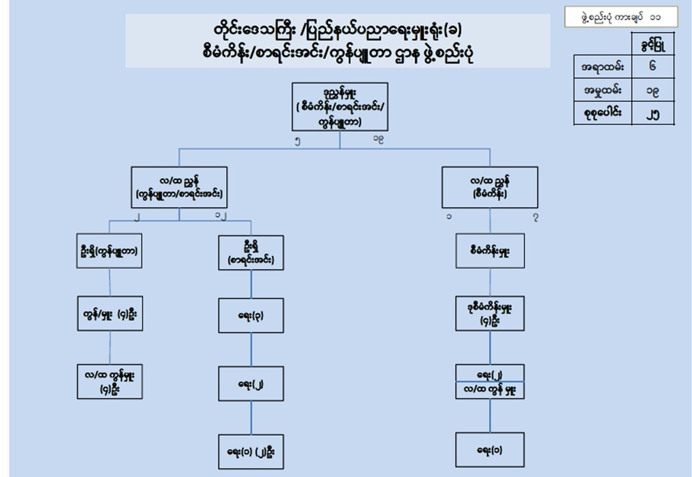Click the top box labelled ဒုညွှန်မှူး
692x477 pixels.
point(340,107)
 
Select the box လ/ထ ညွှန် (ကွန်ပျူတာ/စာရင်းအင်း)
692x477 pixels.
point(179,188)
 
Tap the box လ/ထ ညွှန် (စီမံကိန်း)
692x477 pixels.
point(489,188)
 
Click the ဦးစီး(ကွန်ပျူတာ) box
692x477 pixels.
point(110,252)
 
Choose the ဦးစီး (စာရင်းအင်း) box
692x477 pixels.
point(250,252)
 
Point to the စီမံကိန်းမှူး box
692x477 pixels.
point(490,251)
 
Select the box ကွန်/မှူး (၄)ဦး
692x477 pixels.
point(110,314)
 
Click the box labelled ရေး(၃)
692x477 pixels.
point(250,314)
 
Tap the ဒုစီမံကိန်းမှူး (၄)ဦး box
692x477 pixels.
point(490,314)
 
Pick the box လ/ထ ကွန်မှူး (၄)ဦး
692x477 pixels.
point(110,381)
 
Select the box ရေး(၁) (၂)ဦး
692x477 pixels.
point(250,450)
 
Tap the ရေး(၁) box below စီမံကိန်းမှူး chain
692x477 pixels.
point(490,450)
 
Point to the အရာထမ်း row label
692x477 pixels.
point(602,68)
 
